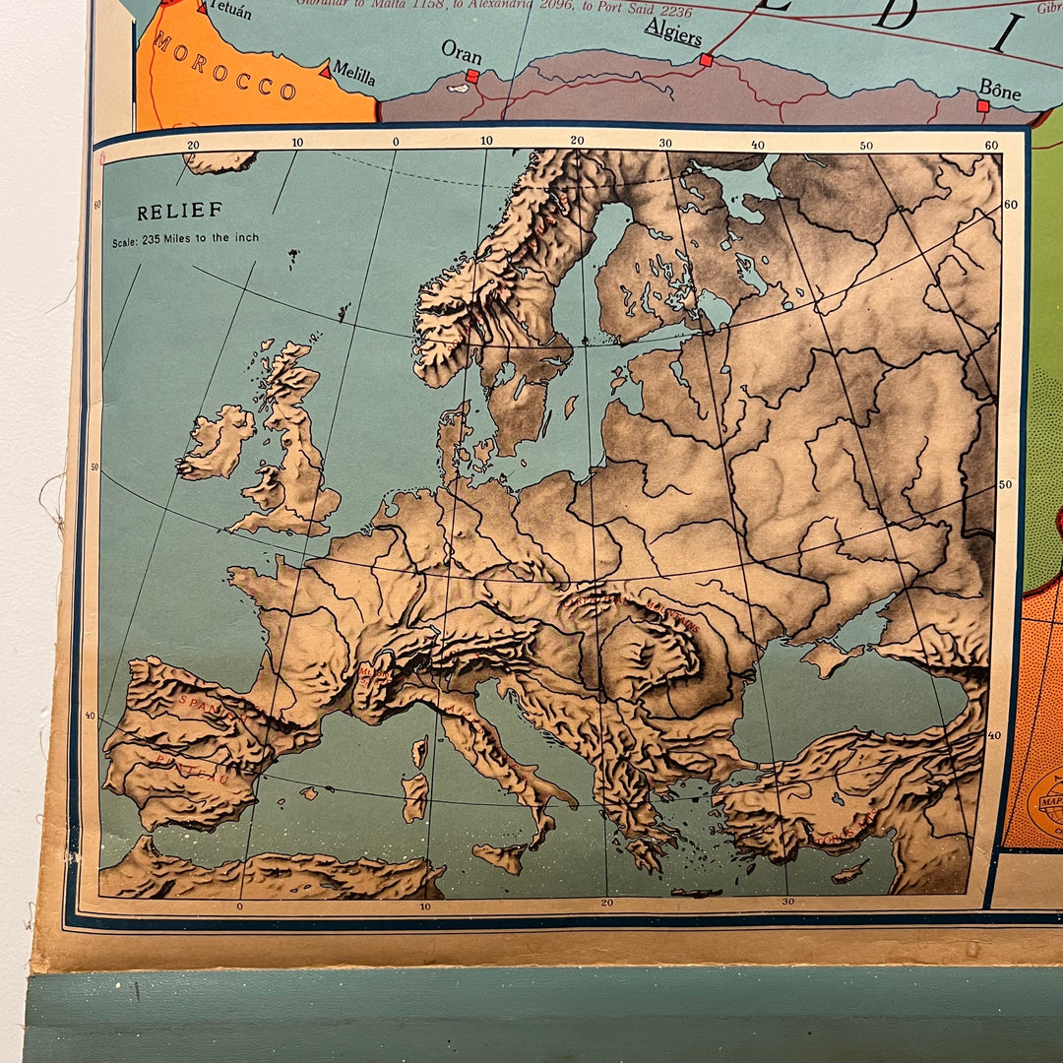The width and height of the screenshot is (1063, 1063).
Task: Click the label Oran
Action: pos(461,51)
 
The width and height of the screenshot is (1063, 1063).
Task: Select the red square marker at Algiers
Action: pos(706,60)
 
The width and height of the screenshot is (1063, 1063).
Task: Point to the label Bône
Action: pos(999,92)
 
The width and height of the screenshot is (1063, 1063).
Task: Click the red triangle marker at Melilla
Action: pos(324,70)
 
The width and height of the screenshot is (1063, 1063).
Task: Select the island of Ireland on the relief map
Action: pos(219,442)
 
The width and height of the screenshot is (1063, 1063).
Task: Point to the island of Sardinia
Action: pos(414,796)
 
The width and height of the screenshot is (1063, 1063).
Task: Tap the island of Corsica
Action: pos(420,752)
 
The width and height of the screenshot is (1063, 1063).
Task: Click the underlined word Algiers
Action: pos(673,37)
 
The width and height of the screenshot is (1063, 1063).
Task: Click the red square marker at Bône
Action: pos(982,106)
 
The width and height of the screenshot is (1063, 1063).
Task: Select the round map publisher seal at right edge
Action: pos(1046,803)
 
